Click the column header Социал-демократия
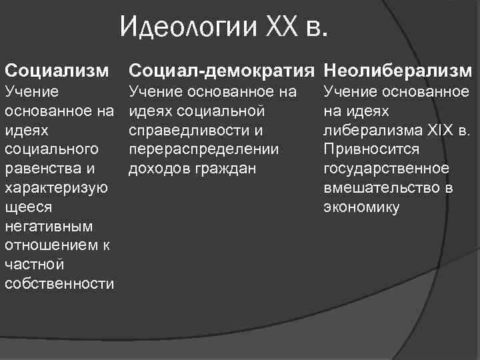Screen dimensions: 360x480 (x=222, y=70)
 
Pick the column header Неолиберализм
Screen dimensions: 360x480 (x=397, y=70)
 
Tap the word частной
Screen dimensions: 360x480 (x=33, y=265)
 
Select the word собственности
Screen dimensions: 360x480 (x=59, y=284)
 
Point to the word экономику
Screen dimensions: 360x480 (x=361, y=207)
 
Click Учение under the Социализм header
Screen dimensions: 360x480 (x=32, y=90)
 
